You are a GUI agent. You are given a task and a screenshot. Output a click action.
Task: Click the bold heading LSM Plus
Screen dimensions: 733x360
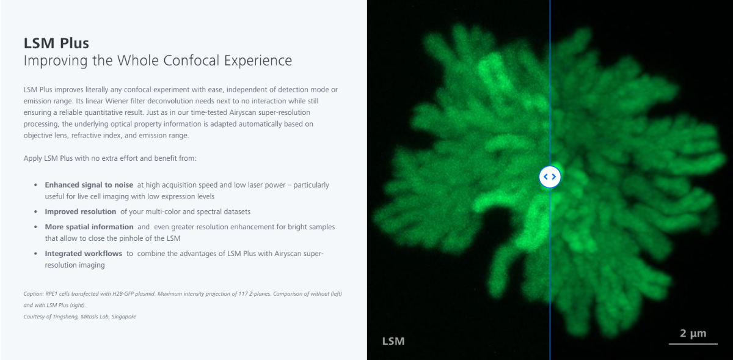point(56,43)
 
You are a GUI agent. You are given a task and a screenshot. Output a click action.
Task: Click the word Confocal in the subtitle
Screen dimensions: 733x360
point(191,61)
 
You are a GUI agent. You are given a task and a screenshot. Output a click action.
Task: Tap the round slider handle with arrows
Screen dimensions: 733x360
point(550,177)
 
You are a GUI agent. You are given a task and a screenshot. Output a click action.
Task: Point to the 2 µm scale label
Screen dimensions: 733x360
point(693,333)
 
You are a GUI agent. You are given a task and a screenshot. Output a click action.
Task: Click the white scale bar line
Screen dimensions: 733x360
point(693,343)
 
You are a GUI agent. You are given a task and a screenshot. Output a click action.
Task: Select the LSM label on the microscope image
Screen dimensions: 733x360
point(393,341)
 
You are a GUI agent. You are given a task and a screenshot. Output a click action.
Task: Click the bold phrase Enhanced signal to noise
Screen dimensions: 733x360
point(89,185)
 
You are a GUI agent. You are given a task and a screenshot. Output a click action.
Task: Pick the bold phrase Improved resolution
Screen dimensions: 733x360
point(81,211)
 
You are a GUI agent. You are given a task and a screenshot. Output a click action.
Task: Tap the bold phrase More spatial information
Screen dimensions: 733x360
point(89,227)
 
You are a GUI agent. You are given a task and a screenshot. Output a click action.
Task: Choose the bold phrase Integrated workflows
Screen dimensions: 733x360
point(84,254)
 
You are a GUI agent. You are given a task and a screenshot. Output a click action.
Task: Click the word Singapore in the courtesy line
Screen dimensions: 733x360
point(123,317)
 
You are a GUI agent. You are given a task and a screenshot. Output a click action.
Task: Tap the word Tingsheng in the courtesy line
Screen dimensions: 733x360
point(65,317)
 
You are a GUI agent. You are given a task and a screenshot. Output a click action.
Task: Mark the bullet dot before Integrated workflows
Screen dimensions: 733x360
point(35,254)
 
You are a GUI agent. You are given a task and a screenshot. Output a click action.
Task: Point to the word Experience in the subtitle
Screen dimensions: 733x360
point(258,61)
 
